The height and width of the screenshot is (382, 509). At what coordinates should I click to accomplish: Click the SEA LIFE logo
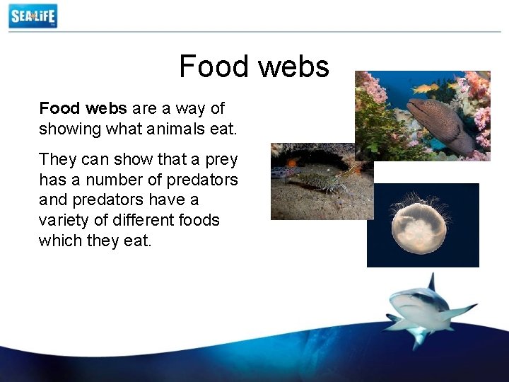[33, 16]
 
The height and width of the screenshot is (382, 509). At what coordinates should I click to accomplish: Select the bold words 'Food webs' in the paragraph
[83, 108]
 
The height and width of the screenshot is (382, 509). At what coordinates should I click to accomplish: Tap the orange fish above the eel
[425, 88]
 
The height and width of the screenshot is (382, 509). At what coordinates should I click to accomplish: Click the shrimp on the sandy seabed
[322, 180]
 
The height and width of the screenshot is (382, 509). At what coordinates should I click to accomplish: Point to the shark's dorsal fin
[431, 284]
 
